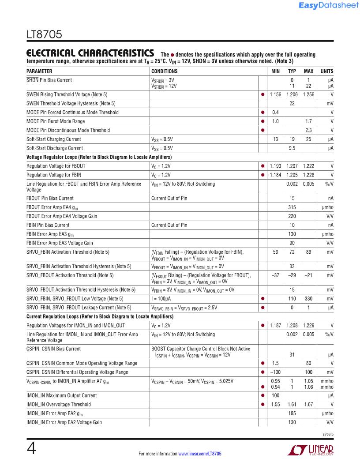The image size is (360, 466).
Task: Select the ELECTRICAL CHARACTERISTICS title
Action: tap(90, 53)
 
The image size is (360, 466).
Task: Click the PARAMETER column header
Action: tap(39, 71)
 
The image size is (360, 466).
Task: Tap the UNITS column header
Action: tap(327, 71)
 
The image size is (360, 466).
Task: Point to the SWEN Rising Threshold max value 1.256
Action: tap(308, 94)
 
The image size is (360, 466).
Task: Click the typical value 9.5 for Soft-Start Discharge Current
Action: tap(292, 148)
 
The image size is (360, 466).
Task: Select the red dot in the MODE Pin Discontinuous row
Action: tap(263, 130)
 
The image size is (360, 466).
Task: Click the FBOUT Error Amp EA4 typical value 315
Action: tap(292, 207)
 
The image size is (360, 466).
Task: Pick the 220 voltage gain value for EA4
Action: tap(292, 216)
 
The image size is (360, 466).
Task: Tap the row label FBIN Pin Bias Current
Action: tap(48, 225)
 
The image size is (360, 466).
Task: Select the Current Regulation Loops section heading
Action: tap(100, 316)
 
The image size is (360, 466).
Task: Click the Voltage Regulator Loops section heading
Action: tap(99, 157)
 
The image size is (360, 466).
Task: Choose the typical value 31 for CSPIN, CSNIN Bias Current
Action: tap(292, 354)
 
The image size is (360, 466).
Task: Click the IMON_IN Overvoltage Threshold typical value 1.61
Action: tap(292, 404)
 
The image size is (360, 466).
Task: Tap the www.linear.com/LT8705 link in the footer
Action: tap(199, 454)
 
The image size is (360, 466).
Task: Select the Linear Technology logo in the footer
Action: tap(311, 450)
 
